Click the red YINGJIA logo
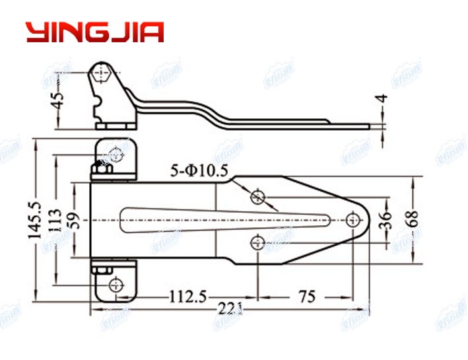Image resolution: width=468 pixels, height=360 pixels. tap(94, 32)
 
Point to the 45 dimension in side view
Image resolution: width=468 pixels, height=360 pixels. tap(59, 100)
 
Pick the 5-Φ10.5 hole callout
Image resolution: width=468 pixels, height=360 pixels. tap(199, 170)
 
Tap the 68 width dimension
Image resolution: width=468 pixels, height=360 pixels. tap(413, 218)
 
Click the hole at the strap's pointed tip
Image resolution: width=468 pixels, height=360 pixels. tap(354, 219)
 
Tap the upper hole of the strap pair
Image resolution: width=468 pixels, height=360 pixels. tap(257, 196)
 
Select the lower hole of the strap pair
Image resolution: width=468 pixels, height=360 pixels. tap(257, 243)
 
